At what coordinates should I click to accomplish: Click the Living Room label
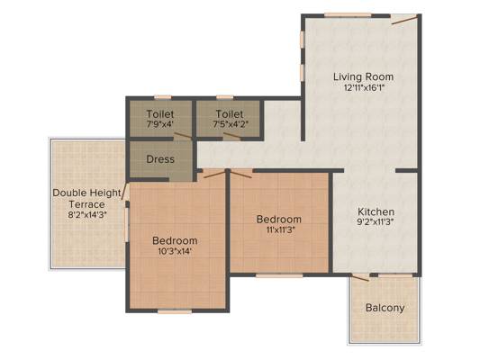363,76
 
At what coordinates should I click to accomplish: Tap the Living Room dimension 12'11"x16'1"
364,88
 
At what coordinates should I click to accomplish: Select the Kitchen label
376,211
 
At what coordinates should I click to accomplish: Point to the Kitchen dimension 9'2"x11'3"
376,221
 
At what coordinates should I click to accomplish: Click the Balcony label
385,308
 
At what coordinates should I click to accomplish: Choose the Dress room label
160,159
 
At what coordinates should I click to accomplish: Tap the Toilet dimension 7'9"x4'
160,124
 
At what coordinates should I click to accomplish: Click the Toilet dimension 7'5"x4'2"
231,124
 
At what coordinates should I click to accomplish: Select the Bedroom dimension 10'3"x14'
175,251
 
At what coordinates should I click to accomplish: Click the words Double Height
87,193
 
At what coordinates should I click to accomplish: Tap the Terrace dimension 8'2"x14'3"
87,214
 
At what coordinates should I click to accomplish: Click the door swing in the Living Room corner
404,20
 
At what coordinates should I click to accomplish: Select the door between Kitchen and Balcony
360,278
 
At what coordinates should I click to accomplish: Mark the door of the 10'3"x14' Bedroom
214,175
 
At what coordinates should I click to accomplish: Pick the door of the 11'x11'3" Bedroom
241,174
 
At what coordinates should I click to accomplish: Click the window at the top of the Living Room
348,15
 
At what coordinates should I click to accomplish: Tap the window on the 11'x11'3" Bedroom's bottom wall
279,275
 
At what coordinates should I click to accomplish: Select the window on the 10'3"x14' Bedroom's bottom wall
175,311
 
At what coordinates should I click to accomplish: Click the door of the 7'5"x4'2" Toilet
232,136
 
